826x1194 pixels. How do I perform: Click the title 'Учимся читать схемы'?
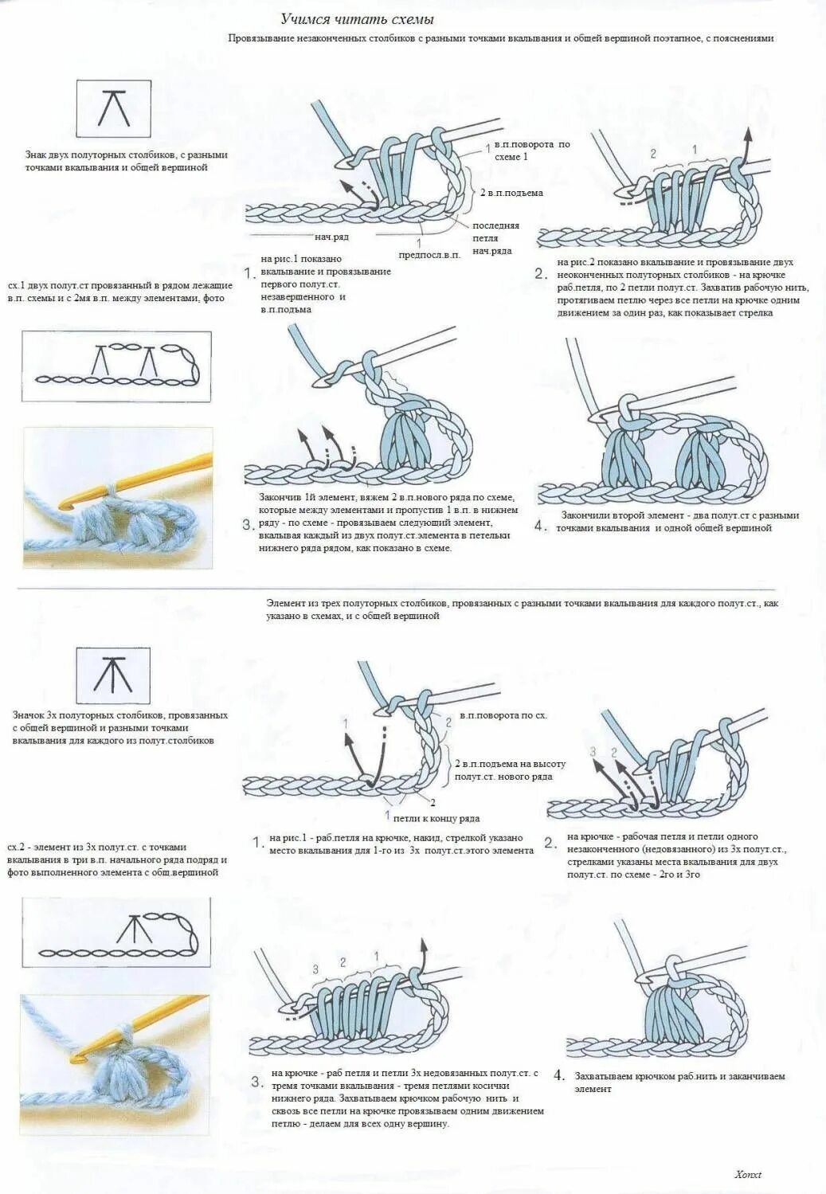(357, 19)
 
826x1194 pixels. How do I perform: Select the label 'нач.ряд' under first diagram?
(331, 237)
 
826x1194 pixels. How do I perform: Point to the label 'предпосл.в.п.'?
(429, 254)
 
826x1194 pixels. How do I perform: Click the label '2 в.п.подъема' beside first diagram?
(511, 193)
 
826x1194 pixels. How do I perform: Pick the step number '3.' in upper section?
(249, 524)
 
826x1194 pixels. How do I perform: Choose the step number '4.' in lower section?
(559, 1076)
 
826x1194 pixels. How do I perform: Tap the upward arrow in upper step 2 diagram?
(748, 143)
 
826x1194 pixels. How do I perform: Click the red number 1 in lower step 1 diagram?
(345, 722)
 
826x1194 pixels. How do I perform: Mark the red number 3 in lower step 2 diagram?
(593, 751)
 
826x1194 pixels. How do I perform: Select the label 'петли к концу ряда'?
(436, 818)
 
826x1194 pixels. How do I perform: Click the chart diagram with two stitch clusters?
(117, 366)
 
